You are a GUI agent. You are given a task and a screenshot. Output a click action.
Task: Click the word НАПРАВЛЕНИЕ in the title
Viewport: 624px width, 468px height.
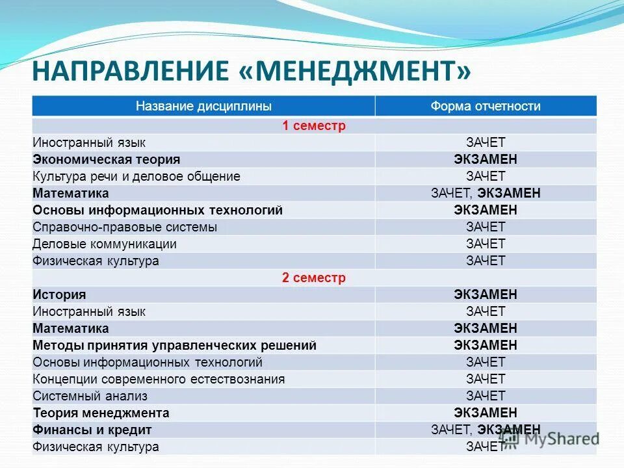pos(130,70)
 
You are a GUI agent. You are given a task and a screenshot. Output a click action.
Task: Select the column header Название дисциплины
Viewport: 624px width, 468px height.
pos(203,106)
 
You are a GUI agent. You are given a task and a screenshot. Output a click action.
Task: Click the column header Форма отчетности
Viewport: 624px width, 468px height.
pos(486,106)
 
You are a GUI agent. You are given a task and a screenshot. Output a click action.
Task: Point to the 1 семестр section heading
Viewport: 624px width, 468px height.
pos(314,125)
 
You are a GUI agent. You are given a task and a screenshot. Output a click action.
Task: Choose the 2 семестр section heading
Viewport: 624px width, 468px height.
pos(314,278)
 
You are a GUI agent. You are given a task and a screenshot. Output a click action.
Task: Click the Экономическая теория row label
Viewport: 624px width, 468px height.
pos(107,159)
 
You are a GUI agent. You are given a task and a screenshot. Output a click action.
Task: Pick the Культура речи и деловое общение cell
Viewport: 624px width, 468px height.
pos(136,176)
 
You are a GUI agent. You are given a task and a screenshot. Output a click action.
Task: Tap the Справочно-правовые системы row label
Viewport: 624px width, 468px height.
pos(125,227)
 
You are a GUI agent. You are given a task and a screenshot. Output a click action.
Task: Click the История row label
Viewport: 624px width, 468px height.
pos(59,294)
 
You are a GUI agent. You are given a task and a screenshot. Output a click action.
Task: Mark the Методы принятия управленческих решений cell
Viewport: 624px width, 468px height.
pos(175,345)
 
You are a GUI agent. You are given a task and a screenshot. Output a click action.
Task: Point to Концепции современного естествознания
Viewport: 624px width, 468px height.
pos(159,379)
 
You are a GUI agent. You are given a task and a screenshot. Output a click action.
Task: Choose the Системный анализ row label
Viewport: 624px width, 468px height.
pos(90,396)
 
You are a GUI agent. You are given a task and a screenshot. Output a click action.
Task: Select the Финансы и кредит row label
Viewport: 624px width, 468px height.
pos(92,430)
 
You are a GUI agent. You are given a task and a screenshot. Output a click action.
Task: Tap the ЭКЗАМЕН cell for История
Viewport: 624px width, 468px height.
pos(486,294)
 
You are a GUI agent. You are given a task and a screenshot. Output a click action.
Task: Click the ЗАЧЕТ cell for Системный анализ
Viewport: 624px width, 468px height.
pos(486,396)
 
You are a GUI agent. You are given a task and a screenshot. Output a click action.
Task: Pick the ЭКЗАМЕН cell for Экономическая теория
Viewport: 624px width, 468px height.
pos(486,159)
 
